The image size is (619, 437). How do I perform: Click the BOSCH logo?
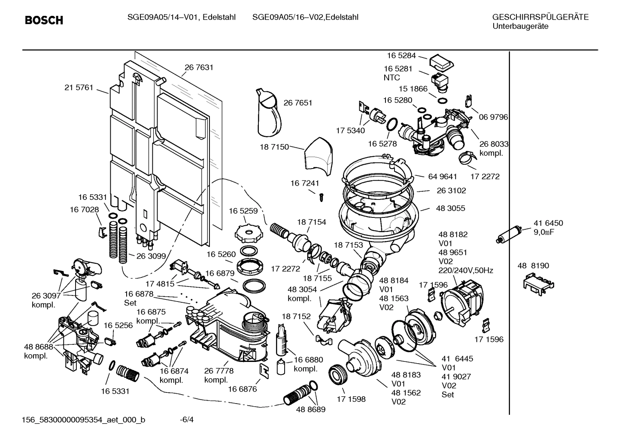pyautogui.click(x=44, y=20)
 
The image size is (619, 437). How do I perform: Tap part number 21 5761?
pyautogui.click(x=79, y=87)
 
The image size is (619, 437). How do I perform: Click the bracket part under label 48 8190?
pyautogui.click(x=538, y=282)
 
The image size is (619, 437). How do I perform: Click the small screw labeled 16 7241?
pyautogui.click(x=321, y=197)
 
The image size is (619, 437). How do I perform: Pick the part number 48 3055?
pyautogui.click(x=450, y=208)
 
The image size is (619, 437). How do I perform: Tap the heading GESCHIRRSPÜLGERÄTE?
pyautogui.click(x=540, y=17)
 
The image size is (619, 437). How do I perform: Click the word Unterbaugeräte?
pyautogui.click(x=520, y=26)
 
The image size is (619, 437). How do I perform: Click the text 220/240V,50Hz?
pyautogui.click(x=465, y=271)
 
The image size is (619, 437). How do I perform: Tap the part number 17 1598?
pyautogui.click(x=351, y=399)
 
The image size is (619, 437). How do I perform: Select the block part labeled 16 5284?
pyautogui.click(x=440, y=63)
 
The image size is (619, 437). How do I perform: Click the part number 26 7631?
pyautogui.click(x=199, y=67)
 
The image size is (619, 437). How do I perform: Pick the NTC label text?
pyautogui.click(x=391, y=78)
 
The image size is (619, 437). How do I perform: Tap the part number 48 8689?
pyautogui.click(x=310, y=410)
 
